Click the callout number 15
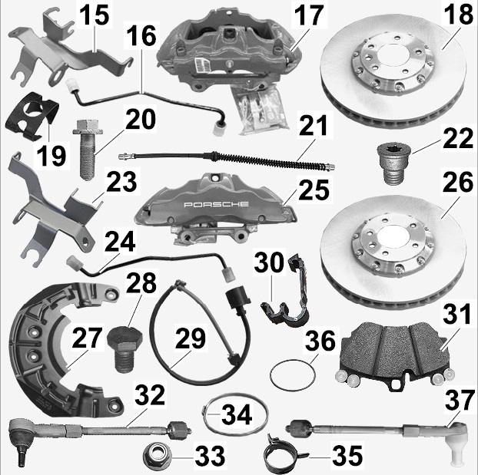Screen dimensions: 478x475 pos(95,15)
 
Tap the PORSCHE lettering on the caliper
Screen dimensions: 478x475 pos(216,204)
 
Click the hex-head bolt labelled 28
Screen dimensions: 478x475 pos(125,348)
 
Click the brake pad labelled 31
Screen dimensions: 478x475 pos(394,355)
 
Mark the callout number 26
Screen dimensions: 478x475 pos(457,182)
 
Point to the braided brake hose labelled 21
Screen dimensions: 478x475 pos(227,160)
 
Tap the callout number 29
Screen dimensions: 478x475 pos(191,338)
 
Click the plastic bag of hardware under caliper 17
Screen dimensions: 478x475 pos(261,111)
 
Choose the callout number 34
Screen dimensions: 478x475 pos(237,414)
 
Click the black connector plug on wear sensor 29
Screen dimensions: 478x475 pos(237,299)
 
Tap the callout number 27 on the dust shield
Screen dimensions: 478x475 pos(87,338)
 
